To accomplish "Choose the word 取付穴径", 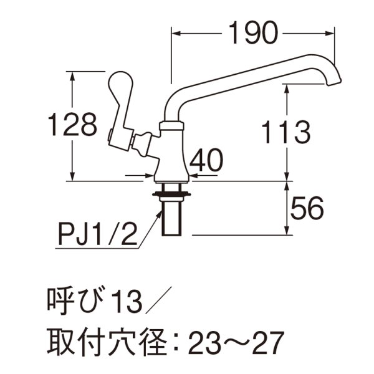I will point(105,341).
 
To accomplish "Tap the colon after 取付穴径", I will point(176,342).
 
